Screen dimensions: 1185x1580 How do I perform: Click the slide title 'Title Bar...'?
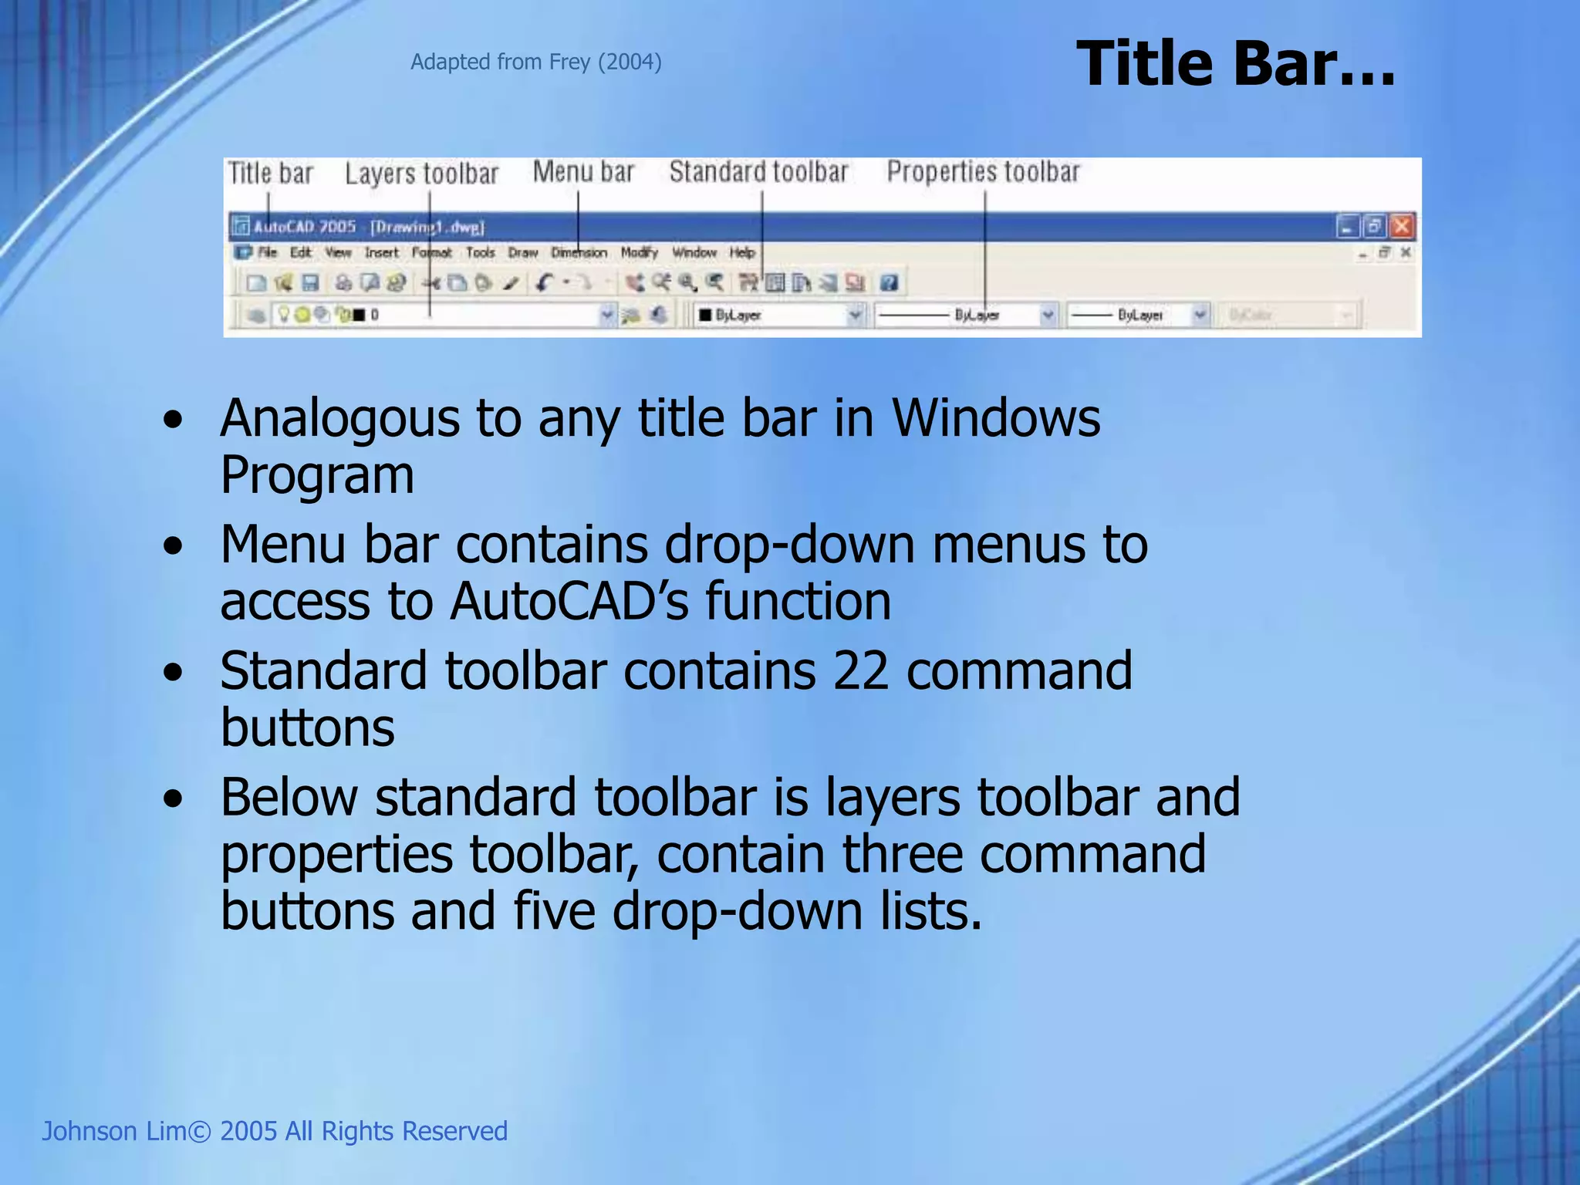coord(1234,63)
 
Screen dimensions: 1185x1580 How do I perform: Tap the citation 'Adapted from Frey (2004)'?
coord(535,62)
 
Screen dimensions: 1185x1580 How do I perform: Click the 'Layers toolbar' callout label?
coord(421,174)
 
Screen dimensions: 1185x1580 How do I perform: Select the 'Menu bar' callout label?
coord(583,171)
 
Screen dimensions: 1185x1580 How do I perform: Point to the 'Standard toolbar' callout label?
coord(758,171)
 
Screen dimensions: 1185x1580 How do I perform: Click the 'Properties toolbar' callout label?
coord(983,171)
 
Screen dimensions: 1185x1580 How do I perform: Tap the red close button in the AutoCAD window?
coord(1402,226)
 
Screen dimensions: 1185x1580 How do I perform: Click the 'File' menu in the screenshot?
coord(267,252)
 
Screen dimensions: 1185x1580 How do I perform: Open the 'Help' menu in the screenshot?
coord(742,252)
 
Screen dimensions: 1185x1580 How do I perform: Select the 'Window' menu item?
coord(694,252)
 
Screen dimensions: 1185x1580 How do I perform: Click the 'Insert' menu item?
coord(381,252)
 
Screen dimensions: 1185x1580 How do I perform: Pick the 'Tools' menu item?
coord(480,252)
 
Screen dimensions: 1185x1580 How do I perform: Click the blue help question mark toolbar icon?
coord(889,283)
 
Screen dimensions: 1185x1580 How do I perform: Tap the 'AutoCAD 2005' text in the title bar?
coord(305,227)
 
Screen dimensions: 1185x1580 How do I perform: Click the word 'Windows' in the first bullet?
coord(996,418)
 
